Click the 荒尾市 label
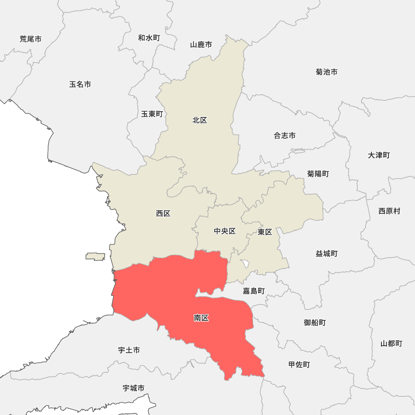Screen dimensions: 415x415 30,39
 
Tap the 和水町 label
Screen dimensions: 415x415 149,38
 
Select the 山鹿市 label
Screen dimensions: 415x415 201,44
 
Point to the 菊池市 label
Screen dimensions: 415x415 327,72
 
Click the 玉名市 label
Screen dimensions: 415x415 80,84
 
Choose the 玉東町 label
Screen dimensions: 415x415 152,114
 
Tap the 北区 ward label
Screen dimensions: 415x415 200,120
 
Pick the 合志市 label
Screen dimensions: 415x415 285,135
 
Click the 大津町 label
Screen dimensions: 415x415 379,155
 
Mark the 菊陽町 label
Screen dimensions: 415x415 318,173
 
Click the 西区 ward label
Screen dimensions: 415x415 163,213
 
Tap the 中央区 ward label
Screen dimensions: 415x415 225,231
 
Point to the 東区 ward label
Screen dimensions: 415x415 265,232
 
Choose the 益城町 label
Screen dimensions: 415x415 327,253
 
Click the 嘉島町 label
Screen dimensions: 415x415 254,291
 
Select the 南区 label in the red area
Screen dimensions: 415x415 201,318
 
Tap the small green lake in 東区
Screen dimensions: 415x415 246,263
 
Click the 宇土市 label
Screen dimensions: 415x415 129,350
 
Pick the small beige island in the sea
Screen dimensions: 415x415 95,257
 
